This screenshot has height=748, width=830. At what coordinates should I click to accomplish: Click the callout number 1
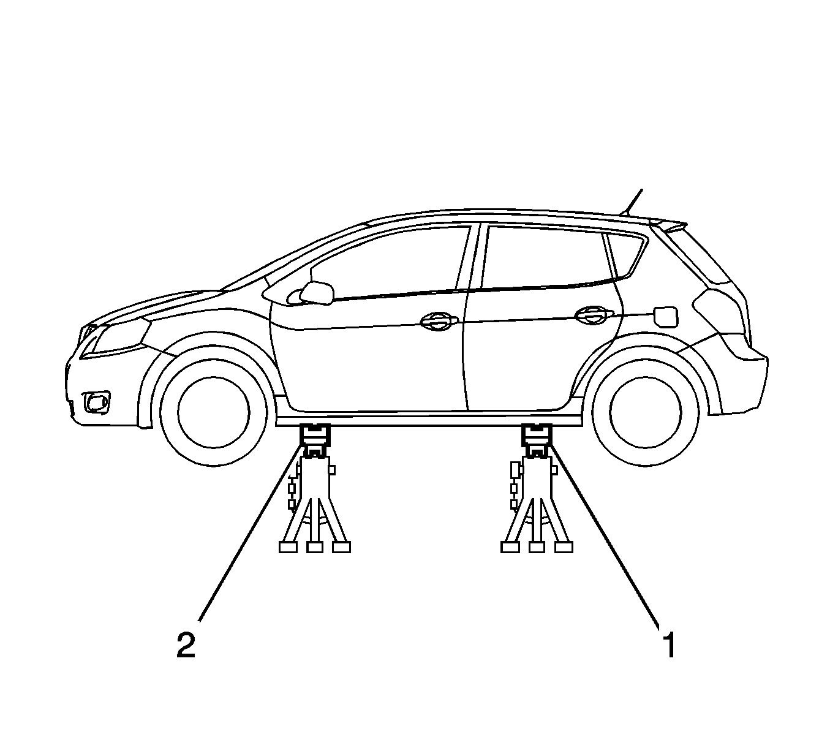pos(669,645)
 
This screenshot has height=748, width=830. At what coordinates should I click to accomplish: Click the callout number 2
pos(186,645)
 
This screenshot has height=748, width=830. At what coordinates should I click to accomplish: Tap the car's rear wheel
pos(646,412)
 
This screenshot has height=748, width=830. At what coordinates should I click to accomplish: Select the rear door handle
pos(594,315)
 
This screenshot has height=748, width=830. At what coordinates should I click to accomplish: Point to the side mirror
pos(317,293)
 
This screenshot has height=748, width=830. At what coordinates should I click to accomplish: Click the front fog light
pos(97,402)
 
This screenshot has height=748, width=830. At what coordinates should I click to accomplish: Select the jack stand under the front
pos(315,488)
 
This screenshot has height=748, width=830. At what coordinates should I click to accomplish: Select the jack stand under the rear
pos(537,488)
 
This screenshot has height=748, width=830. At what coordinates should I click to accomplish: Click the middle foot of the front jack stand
pos(315,547)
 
